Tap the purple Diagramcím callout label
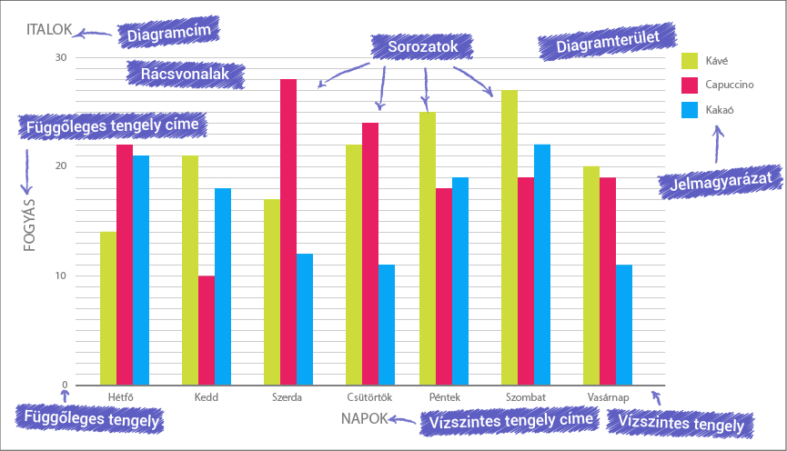coord(169,35)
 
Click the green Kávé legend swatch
coord(690,61)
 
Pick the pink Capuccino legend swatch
coord(690,85)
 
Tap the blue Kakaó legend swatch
coord(690,110)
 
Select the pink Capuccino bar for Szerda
coord(288,232)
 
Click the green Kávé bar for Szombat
coord(510,237)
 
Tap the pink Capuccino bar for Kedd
coord(207,330)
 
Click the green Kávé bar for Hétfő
coord(108,308)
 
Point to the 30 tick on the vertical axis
coord(61,57)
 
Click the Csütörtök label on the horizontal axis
coord(369,397)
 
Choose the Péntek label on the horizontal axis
coord(444,397)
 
